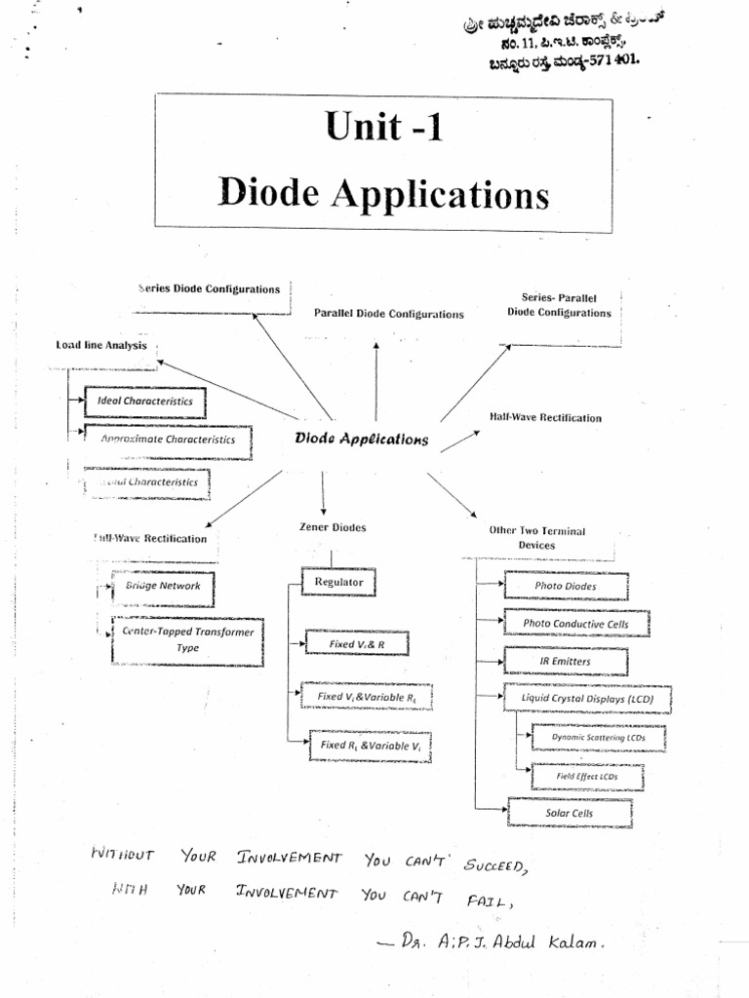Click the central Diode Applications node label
(361, 439)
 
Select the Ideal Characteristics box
(144, 401)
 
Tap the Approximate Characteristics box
(167, 440)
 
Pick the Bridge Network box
(163, 587)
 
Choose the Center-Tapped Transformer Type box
(187, 639)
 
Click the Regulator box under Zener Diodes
(338, 583)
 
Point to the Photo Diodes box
(566, 586)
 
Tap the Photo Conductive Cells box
(575, 624)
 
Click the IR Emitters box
(565, 662)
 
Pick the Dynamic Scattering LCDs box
(599, 738)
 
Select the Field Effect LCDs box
(587, 777)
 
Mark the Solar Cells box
(569, 813)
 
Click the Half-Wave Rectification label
(545, 417)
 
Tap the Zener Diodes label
(333, 527)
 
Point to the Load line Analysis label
(101, 345)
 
